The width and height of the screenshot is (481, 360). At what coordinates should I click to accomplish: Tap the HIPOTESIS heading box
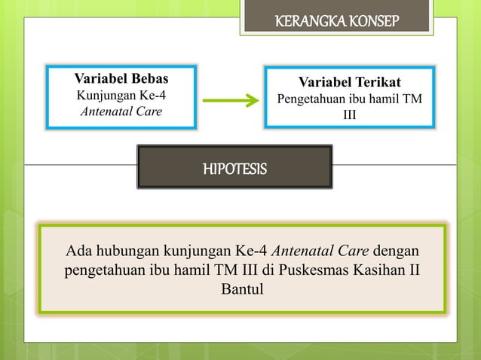click(x=234, y=167)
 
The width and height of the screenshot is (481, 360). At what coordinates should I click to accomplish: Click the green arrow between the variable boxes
click(x=231, y=100)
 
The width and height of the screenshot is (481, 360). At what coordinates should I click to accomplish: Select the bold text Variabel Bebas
click(x=121, y=78)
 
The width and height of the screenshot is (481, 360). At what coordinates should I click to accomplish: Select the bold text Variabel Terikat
click(x=349, y=81)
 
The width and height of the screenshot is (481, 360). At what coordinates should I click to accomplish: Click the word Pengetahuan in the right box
click(x=312, y=99)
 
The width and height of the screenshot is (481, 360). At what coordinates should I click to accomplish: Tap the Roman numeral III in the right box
click(x=350, y=116)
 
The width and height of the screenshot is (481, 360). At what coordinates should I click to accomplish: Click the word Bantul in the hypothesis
click(x=241, y=288)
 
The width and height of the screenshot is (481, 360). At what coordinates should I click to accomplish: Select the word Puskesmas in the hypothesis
click(x=309, y=270)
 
